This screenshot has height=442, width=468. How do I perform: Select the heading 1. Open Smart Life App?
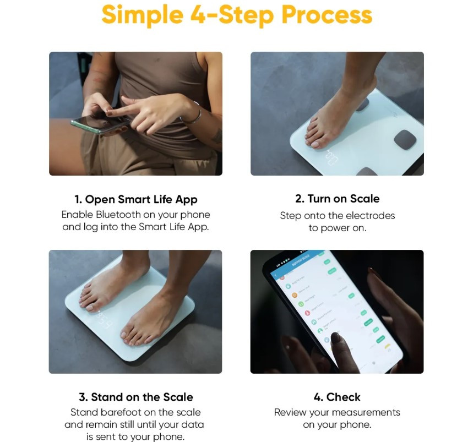click(135, 199)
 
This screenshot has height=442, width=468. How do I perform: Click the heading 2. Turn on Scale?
click(337, 199)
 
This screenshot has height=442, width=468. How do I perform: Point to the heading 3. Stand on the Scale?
click(135, 397)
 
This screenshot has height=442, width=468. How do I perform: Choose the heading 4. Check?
click(337, 397)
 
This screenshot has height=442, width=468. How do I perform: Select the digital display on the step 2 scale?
click(331, 158)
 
